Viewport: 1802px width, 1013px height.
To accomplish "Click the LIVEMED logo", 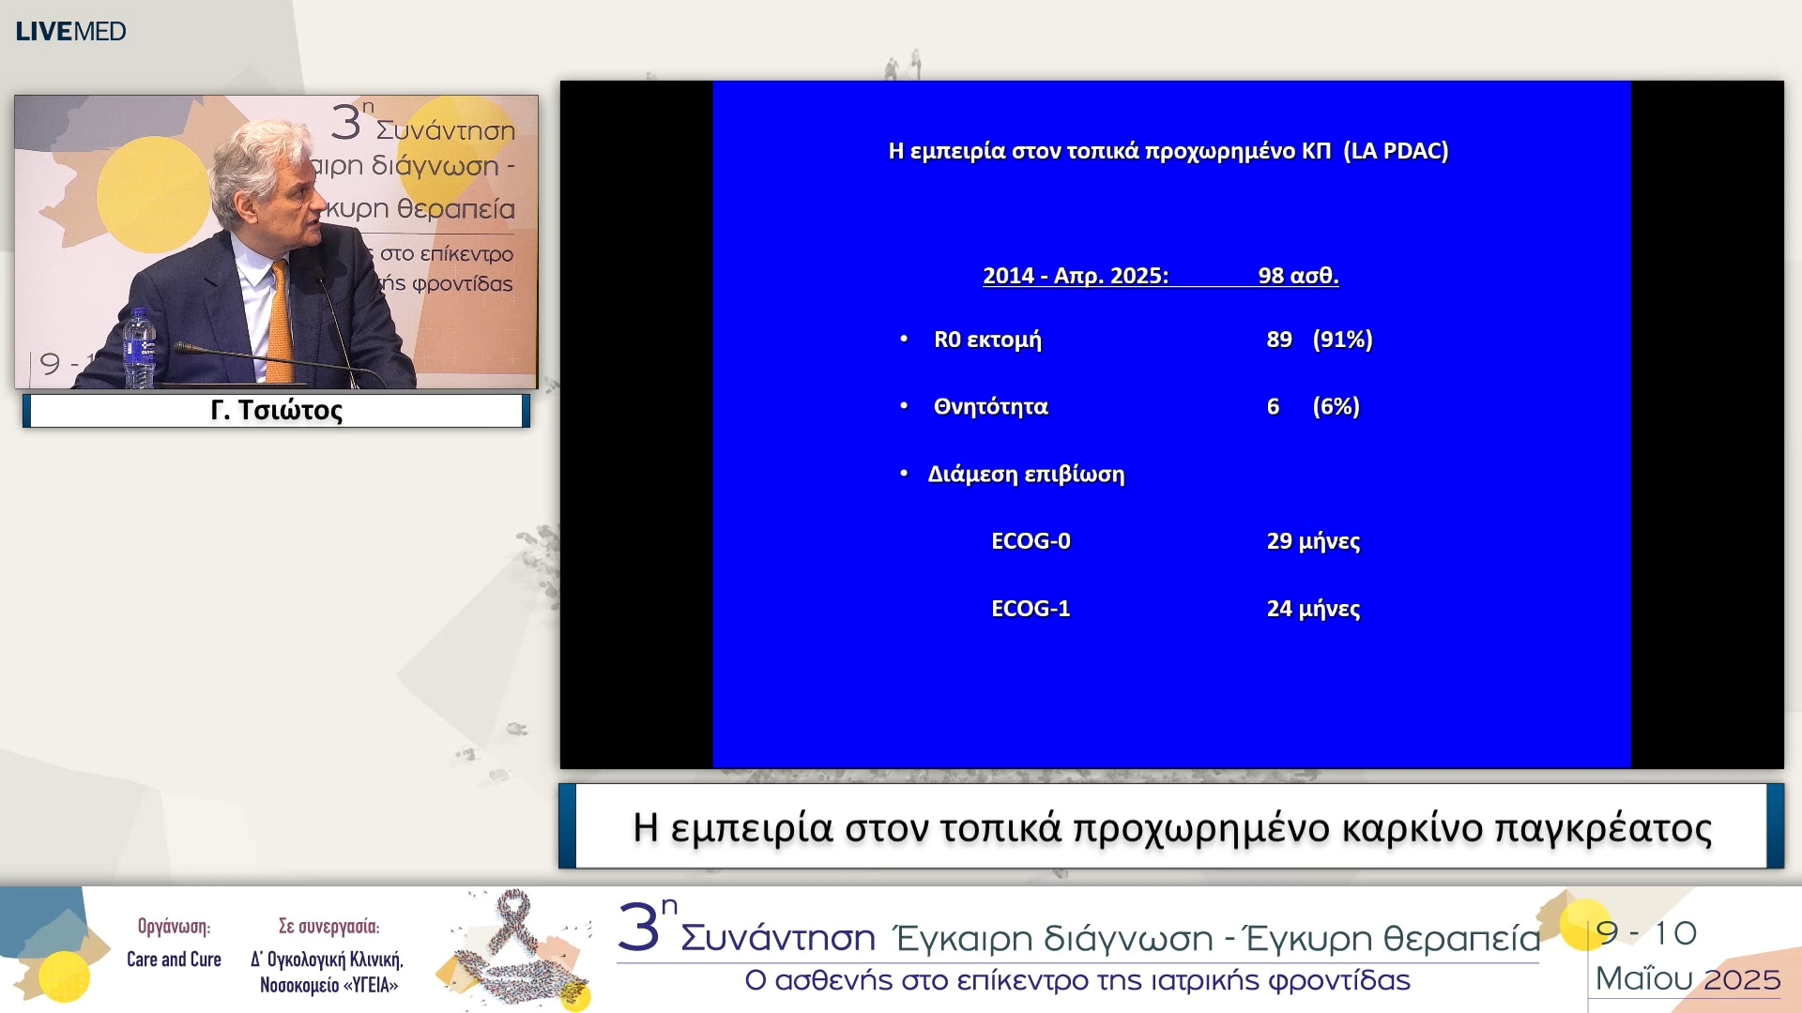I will tap(70, 31).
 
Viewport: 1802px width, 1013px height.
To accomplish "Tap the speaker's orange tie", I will tap(279, 324).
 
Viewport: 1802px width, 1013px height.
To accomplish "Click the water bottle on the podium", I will tap(139, 348).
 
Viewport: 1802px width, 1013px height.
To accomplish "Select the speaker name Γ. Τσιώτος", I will tap(276, 410).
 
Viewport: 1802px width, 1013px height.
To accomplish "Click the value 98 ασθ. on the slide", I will tap(1298, 276).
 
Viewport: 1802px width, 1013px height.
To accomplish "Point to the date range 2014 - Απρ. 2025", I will tap(1076, 276).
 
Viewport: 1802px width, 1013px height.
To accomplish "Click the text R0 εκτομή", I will tap(987, 340).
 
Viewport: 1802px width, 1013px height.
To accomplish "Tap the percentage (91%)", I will tap(1342, 340).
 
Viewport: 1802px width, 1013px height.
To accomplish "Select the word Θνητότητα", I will tap(990, 407).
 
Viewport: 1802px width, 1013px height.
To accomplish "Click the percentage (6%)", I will tap(1336, 407).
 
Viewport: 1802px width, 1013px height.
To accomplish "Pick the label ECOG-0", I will tap(1031, 541).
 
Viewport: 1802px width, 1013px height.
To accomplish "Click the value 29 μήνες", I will tap(1313, 541).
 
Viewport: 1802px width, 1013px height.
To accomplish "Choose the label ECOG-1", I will tap(1031, 609).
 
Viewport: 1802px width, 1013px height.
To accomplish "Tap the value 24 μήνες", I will tap(1313, 609).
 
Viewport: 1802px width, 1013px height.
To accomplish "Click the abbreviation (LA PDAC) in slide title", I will tap(1396, 151).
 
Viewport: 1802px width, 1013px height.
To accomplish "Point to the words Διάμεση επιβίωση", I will tap(1026, 475).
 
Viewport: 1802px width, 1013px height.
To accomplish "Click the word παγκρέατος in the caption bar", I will tap(1603, 828).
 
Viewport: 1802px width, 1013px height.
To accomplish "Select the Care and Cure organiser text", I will tap(174, 959).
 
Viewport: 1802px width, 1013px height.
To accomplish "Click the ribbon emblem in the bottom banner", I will tap(514, 947).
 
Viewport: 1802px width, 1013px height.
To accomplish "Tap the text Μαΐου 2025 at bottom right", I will tap(1687, 979).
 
